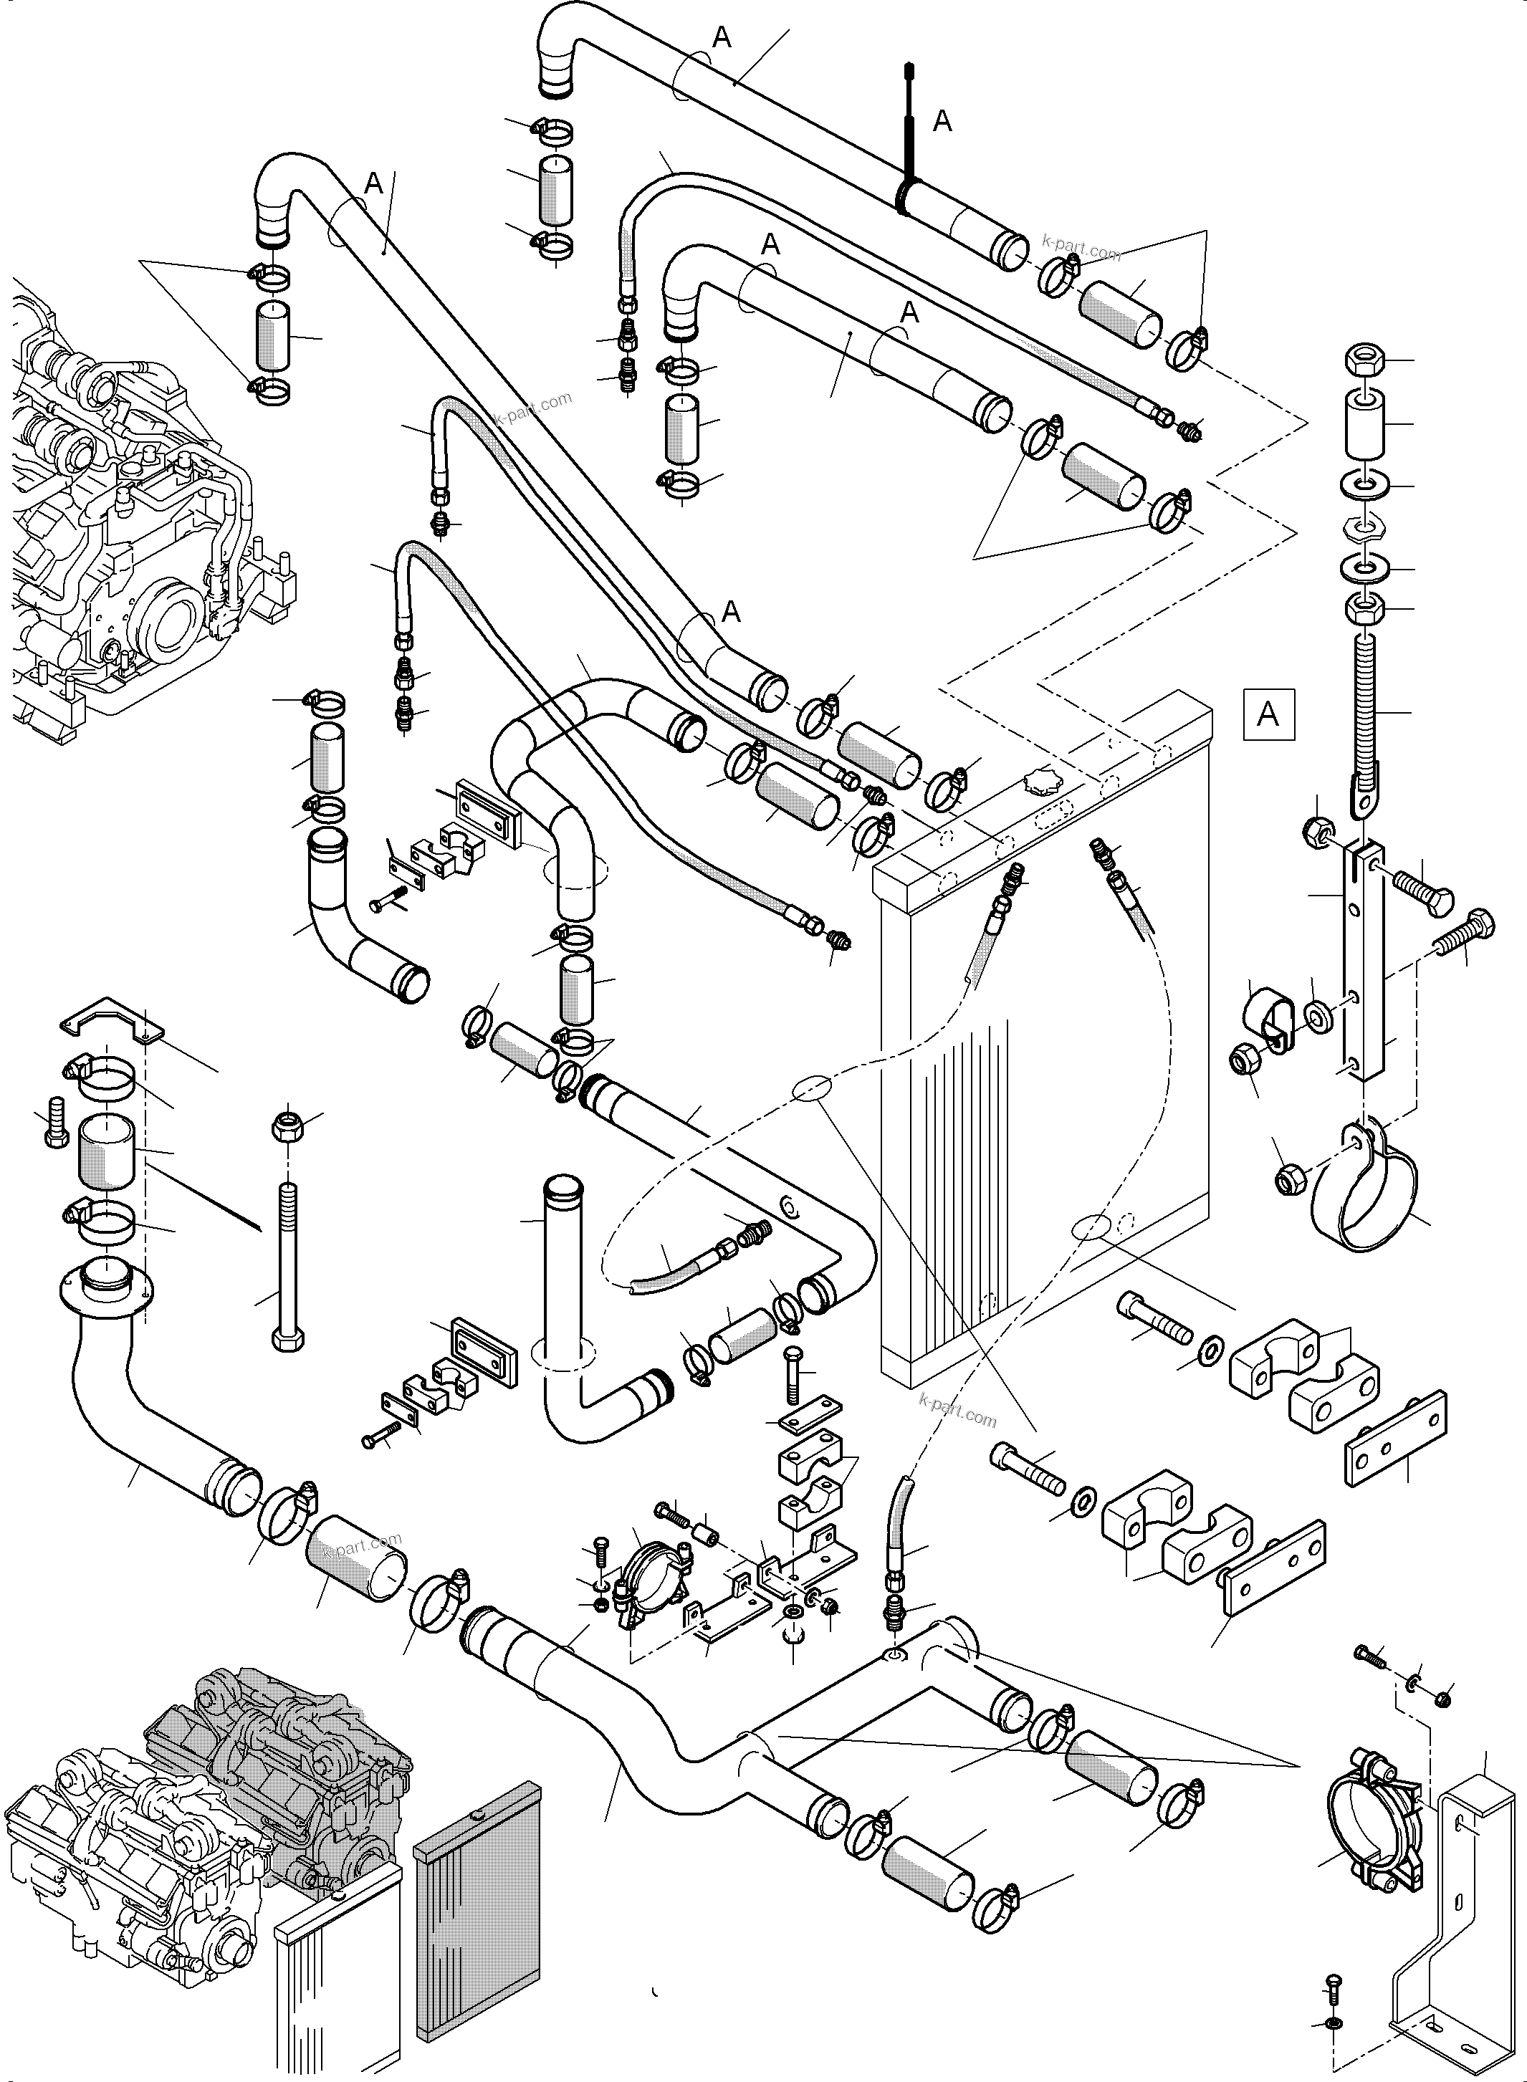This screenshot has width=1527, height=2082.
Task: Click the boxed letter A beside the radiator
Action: [1268, 714]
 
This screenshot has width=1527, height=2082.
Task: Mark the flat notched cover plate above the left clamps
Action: [112, 1020]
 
